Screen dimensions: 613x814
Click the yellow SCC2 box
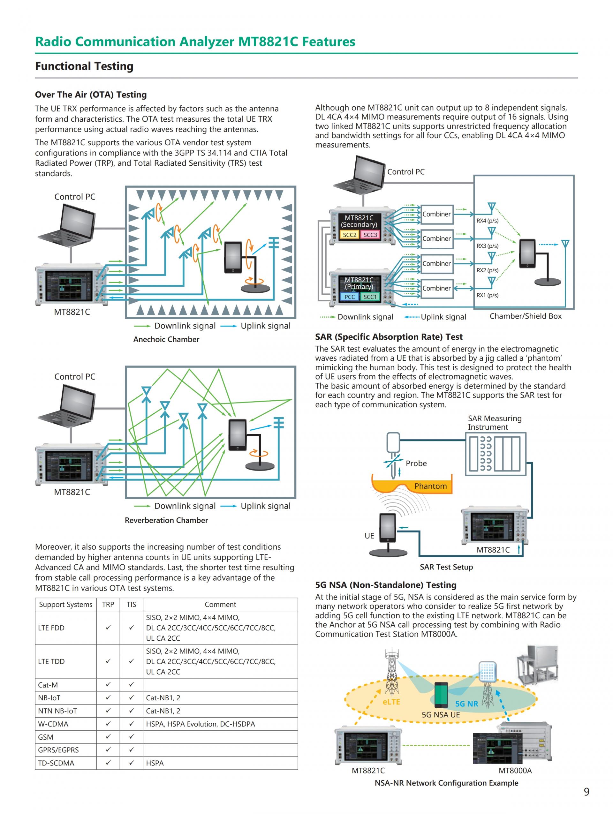click(x=350, y=235)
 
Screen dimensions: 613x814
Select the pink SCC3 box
click(x=370, y=235)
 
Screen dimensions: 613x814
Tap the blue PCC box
click(x=350, y=297)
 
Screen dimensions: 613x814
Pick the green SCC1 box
click(x=370, y=297)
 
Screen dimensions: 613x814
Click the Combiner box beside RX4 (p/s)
click(x=437, y=214)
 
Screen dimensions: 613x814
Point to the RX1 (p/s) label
click(x=488, y=295)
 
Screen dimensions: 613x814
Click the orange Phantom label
click(x=430, y=486)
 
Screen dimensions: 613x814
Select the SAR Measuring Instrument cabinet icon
click(x=496, y=454)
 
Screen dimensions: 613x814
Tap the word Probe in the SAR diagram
click(x=416, y=463)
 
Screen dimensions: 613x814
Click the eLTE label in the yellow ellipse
click(x=391, y=702)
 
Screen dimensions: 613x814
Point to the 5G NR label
click(x=466, y=704)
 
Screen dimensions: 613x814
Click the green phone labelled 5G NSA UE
click(x=441, y=695)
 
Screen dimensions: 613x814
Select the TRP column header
click(x=108, y=604)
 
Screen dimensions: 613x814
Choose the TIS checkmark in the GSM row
click(x=131, y=736)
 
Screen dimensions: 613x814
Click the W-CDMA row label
click(x=53, y=724)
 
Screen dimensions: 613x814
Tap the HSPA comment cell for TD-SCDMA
click(x=155, y=763)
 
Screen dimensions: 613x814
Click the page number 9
click(x=587, y=792)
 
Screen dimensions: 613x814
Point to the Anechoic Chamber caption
click(x=166, y=339)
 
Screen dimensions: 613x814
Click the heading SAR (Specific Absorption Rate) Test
click(x=389, y=337)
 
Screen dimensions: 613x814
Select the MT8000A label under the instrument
click(x=515, y=770)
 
